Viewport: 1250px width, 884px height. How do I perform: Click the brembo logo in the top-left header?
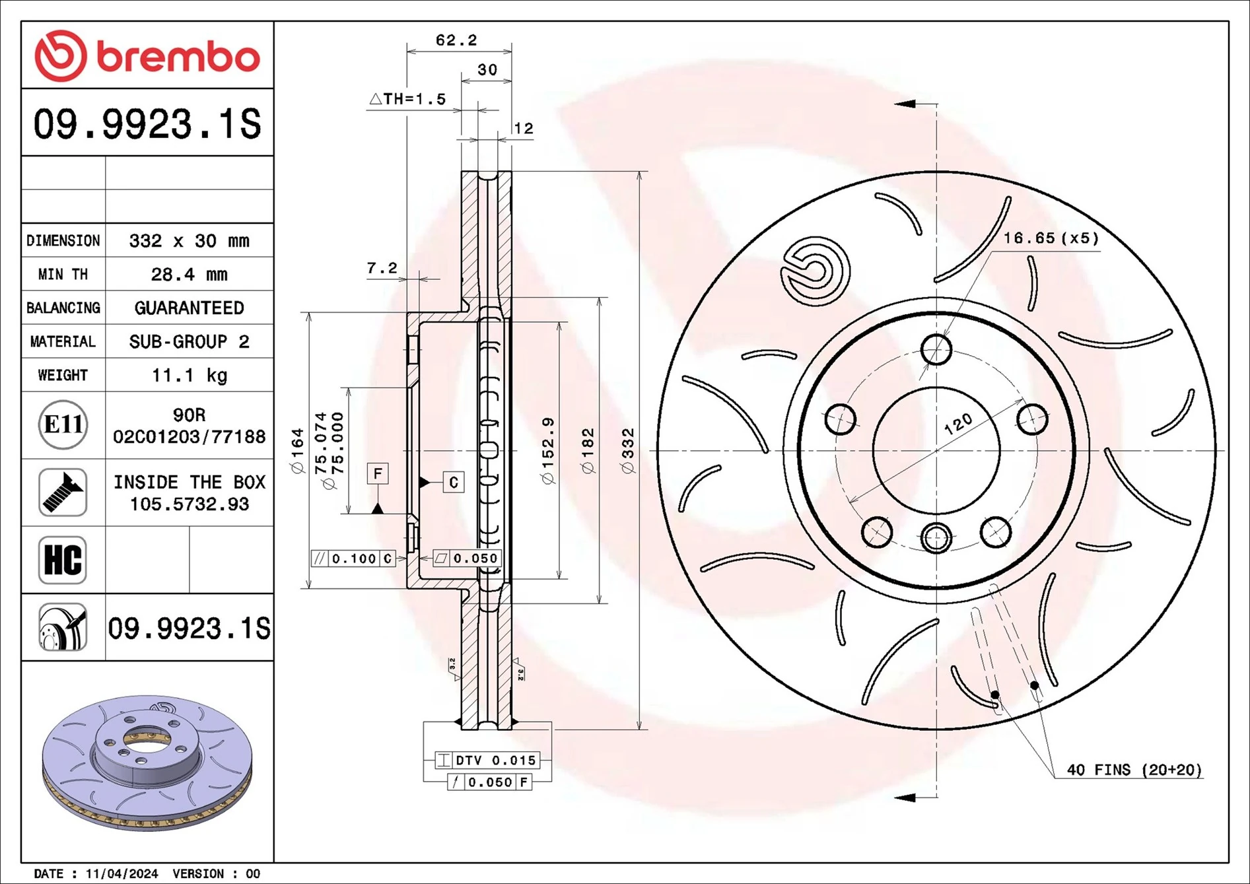(x=147, y=56)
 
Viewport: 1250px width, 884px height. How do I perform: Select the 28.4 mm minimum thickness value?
(x=189, y=275)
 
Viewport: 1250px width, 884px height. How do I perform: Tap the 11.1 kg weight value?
(x=189, y=376)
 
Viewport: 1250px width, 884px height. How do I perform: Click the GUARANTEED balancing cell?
(x=189, y=308)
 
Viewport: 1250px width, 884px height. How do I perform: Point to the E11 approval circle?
(x=63, y=425)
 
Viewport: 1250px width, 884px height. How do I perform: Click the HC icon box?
(x=63, y=560)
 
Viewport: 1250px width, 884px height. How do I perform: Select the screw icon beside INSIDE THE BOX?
(x=63, y=493)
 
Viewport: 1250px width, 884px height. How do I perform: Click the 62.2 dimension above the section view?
(x=456, y=40)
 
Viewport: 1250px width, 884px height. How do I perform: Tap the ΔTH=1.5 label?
(x=407, y=99)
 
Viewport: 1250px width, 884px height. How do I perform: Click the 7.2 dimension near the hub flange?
(x=382, y=268)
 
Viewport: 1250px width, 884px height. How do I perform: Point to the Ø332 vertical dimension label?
(x=627, y=450)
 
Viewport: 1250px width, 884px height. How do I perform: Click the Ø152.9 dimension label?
(x=548, y=450)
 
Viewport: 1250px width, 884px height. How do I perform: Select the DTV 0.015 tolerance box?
(x=487, y=761)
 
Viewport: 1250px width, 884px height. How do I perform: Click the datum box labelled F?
(x=378, y=473)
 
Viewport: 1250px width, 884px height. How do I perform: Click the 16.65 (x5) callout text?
(x=1051, y=238)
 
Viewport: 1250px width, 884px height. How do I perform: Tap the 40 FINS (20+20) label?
(x=1134, y=770)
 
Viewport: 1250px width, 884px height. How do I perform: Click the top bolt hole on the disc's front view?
(x=936, y=349)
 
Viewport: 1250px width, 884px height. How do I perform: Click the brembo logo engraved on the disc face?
(x=815, y=271)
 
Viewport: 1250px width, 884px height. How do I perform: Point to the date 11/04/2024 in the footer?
(x=122, y=873)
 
